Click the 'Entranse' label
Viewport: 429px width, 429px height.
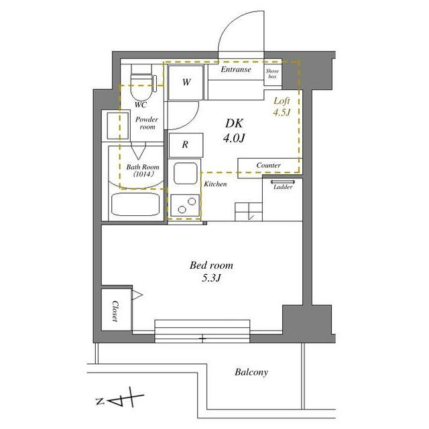(236, 70)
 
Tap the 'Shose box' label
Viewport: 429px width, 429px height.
(272, 74)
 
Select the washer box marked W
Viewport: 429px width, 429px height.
(186, 82)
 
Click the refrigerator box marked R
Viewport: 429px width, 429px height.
(186, 145)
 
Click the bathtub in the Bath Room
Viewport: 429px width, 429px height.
(135, 204)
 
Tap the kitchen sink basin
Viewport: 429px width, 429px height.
(186, 173)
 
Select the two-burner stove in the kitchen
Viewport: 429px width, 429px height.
(185, 206)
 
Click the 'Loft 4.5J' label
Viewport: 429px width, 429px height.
(282, 107)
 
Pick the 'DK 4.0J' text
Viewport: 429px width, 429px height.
(234, 131)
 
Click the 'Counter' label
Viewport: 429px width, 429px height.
(268, 166)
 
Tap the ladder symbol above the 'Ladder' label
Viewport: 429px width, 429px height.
(283, 182)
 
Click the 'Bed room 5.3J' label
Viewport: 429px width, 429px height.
(212, 271)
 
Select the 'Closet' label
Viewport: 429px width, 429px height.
(115, 311)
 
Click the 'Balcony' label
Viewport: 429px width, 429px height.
(251, 372)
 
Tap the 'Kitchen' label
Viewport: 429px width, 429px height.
(215, 184)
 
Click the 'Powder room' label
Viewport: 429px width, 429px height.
(147, 123)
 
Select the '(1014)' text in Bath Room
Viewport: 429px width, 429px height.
(143, 174)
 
